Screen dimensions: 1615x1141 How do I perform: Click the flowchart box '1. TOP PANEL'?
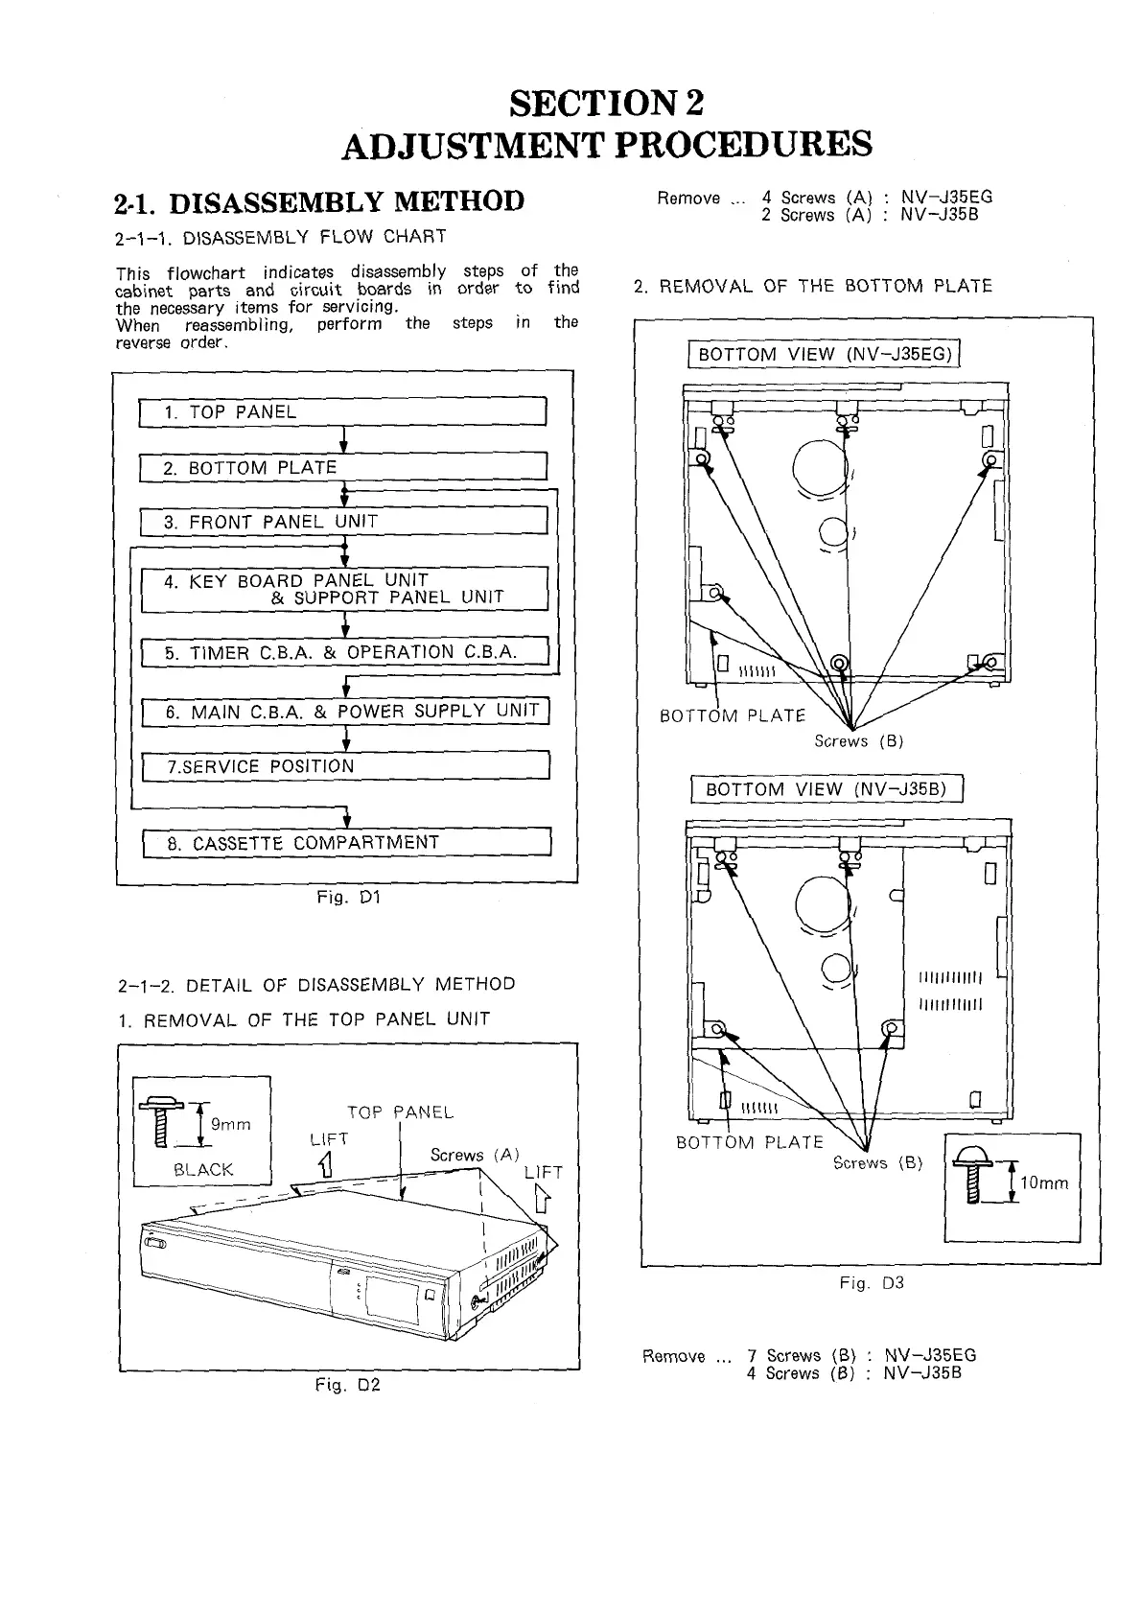(x=342, y=412)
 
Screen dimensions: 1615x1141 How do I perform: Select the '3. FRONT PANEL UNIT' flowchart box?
(x=342, y=523)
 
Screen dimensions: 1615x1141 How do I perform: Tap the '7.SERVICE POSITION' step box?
(x=344, y=767)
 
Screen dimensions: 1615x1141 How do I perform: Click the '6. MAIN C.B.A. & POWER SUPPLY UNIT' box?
(x=344, y=712)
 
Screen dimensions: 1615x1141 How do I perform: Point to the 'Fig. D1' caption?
(x=349, y=899)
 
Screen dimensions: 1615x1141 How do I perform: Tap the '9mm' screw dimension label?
(x=230, y=1124)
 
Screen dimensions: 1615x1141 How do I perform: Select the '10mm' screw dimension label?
(x=1043, y=1183)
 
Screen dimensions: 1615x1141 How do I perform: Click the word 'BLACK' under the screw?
(x=203, y=1170)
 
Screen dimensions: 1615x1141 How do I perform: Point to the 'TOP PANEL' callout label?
(x=400, y=1112)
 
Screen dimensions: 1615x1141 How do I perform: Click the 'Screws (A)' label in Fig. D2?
(x=475, y=1156)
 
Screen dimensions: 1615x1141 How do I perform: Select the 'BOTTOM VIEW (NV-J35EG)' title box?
(x=825, y=355)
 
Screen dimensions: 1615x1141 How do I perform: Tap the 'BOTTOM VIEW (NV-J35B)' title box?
(x=826, y=790)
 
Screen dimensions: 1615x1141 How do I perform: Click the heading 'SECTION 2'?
(x=607, y=102)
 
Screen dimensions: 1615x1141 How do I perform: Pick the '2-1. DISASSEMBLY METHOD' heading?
(x=319, y=202)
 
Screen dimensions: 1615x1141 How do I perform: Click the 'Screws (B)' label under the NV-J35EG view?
(x=859, y=741)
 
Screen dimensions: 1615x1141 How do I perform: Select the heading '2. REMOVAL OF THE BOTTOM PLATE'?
(x=813, y=286)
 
